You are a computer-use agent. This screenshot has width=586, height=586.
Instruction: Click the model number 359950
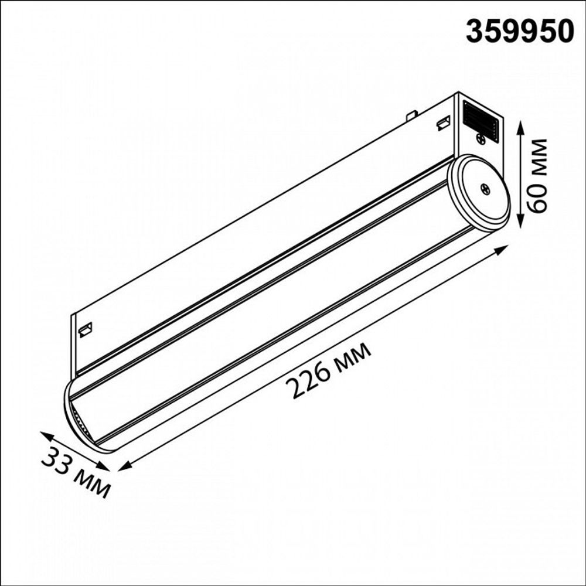[519, 31]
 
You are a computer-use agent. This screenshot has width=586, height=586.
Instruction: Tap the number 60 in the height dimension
[537, 197]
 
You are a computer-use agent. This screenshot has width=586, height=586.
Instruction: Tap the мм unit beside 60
[537, 156]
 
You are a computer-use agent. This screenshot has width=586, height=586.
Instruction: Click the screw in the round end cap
[486, 189]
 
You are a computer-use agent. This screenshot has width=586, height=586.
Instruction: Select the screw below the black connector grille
[481, 139]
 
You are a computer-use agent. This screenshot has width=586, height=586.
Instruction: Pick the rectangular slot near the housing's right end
[444, 123]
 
